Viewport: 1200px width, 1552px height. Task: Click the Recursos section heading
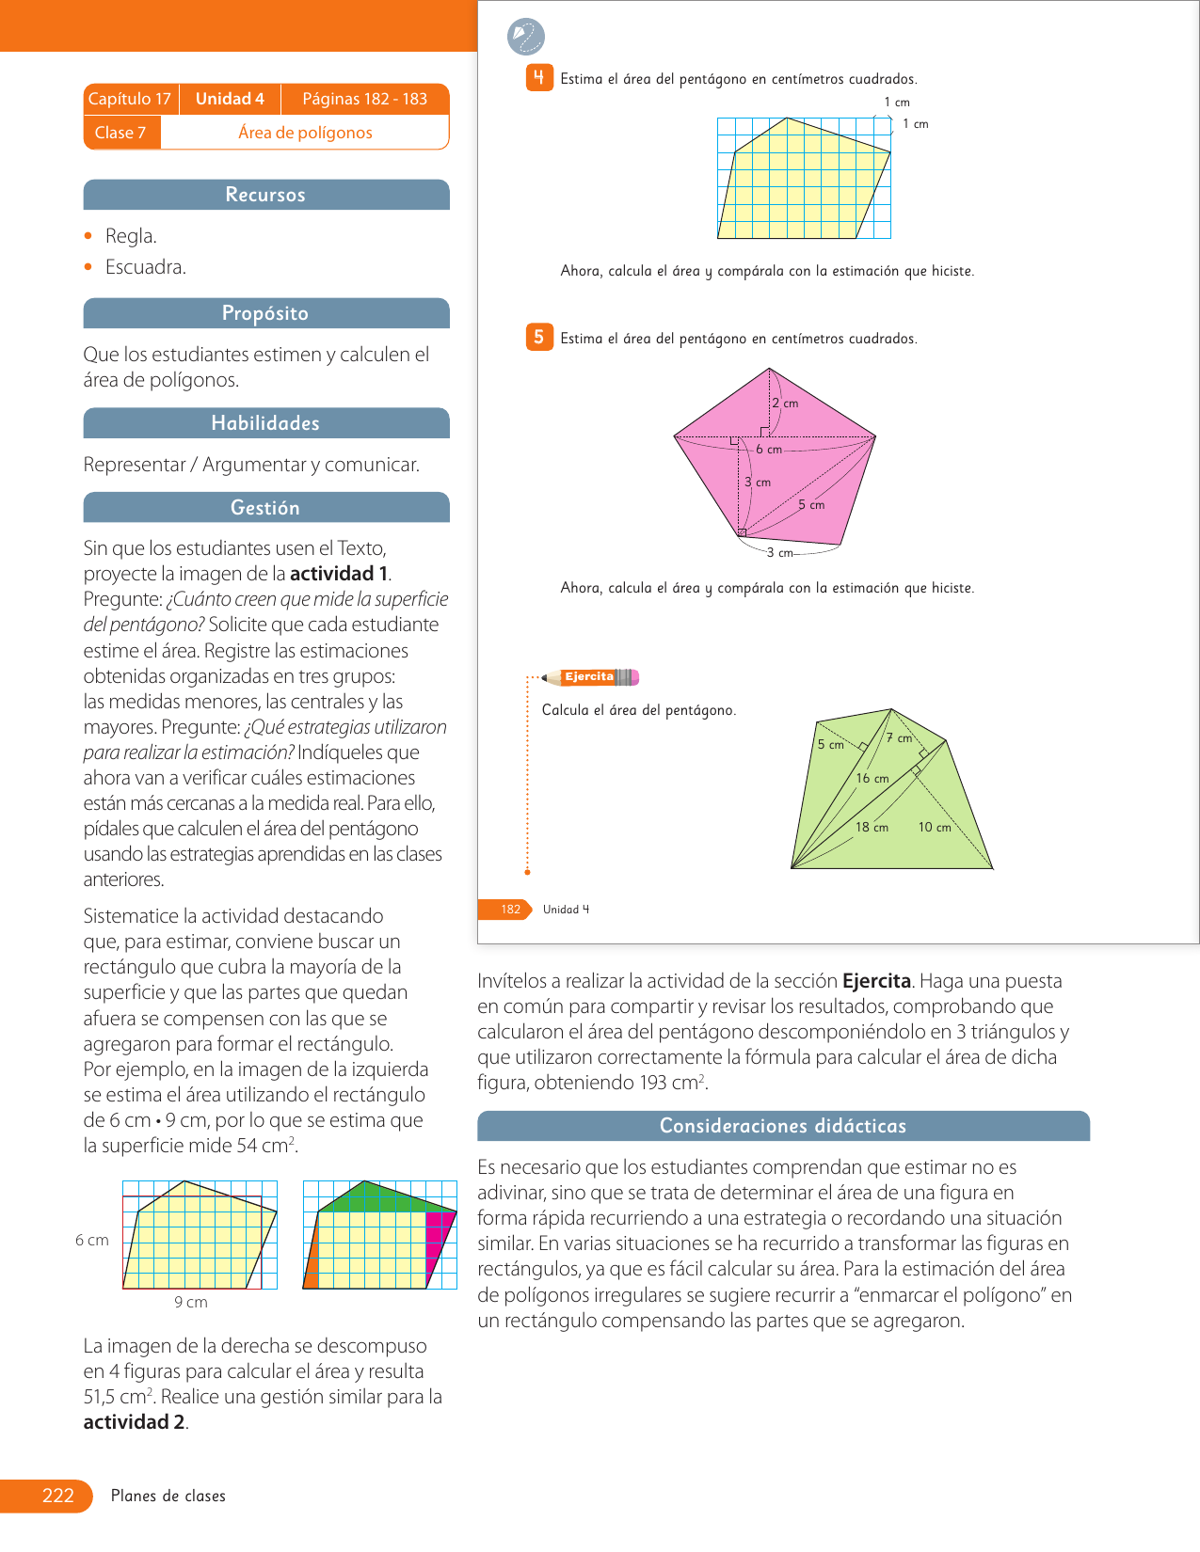coord(265,195)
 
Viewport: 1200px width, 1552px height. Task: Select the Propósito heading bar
coord(265,313)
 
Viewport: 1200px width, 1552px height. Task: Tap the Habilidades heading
coord(265,423)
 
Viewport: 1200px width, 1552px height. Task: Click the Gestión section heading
coord(265,508)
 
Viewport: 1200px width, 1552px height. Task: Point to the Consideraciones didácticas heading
coord(782,1126)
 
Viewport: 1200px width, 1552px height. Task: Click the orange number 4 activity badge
coord(538,78)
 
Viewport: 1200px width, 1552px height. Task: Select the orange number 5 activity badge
coord(538,337)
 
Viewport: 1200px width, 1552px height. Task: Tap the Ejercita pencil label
coord(590,677)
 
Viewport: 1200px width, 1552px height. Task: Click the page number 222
coord(57,1496)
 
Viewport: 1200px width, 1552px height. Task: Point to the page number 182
coord(510,910)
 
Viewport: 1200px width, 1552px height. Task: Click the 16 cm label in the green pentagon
coord(872,779)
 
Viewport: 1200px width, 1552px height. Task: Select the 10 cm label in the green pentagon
coord(935,828)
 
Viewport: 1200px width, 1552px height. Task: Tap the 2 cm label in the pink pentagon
coord(785,404)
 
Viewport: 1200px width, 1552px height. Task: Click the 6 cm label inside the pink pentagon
coord(769,450)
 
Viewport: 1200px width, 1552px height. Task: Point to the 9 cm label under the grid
coord(191,1303)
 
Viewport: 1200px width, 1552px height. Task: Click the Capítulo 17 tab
coord(130,99)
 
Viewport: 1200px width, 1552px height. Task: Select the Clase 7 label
coord(120,133)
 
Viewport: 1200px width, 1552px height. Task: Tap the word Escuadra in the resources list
coord(145,267)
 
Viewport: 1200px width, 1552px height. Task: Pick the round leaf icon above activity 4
coord(525,37)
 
